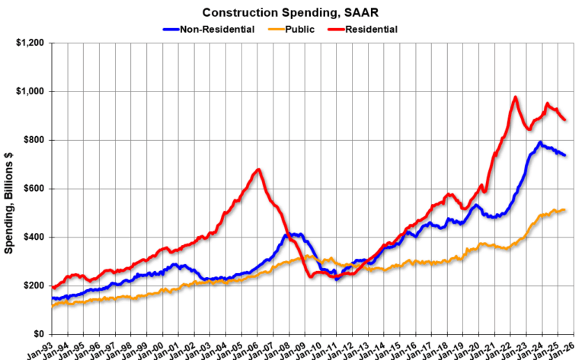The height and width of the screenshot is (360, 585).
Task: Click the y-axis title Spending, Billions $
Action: coord(10,189)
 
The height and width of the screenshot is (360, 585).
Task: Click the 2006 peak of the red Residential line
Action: coord(259,170)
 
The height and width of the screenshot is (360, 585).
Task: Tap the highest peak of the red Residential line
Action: coord(516,97)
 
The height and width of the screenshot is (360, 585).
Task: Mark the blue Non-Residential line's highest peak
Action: coord(539,142)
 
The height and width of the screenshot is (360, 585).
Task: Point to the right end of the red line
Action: coord(564,119)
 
